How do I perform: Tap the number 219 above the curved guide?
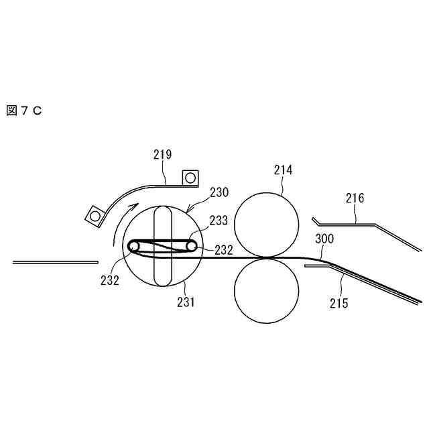(x=162, y=155)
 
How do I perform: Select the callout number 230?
(x=219, y=192)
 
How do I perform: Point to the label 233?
(x=219, y=219)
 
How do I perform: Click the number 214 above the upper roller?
(x=283, y=170)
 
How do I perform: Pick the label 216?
(x=355, y=198)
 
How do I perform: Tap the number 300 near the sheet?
(x=324, y=239)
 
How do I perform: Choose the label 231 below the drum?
(x=186, y=302)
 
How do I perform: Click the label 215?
(x=339, y=303)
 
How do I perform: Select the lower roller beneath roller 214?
(x=266, y=290)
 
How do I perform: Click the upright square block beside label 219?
(x=191, y=177)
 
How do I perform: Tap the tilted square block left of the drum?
(x=95, y=216)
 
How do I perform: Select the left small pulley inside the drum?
(x=135, y=246)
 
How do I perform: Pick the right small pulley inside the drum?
(x=192, y=246)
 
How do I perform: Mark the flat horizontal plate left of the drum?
(x=55, y=262)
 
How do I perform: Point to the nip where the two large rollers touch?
(x=266, y=257)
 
